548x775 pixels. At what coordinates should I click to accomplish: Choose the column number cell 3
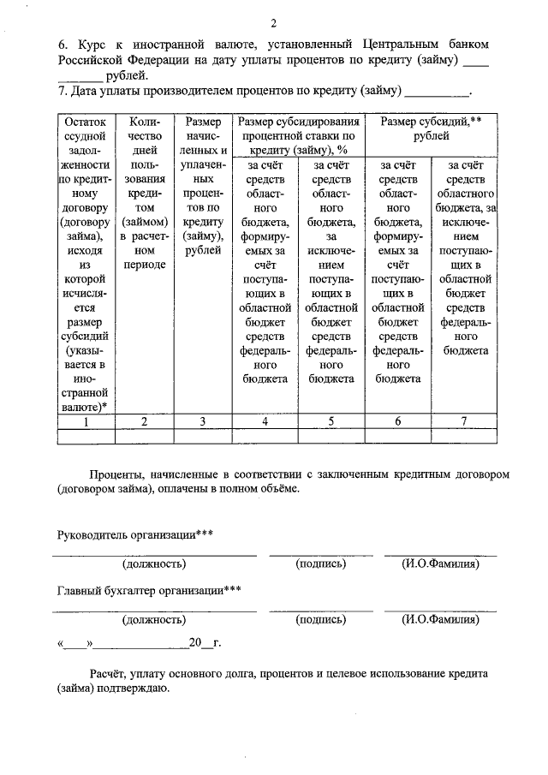pyautogui.click(x=202, y=421)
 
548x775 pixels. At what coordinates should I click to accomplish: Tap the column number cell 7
pyautogui.click(x=463, y=421)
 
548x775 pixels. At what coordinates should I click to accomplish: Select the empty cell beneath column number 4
pyautogui.click(x=265, y=437)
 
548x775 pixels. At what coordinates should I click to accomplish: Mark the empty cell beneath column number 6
pyautogui.click(x=397, y=437)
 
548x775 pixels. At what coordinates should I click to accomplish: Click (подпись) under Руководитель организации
pyautogui.click(x=320, y=563)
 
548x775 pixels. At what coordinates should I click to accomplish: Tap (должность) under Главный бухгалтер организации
pyautogui.click(x=154, y=618)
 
